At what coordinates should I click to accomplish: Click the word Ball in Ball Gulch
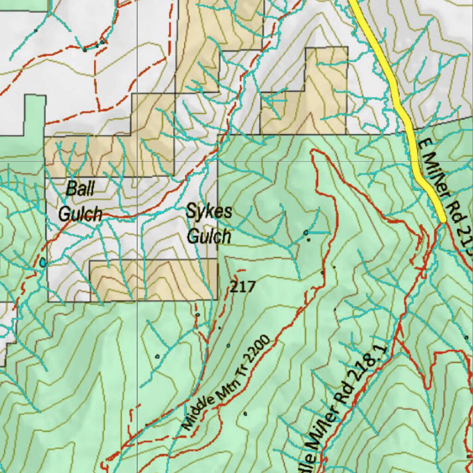[80, 189]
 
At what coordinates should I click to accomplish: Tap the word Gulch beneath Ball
[80, 214]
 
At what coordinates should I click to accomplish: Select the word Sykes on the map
[209, 212]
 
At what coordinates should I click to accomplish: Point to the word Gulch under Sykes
[209, 236]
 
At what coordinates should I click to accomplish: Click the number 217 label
[243, 287]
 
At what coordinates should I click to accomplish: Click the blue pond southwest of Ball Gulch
[43, 263]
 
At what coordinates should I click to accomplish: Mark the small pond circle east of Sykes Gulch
[306, 232]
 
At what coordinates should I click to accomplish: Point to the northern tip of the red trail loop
[314, 151]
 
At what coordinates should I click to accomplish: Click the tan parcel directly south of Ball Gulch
[152, 279]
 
